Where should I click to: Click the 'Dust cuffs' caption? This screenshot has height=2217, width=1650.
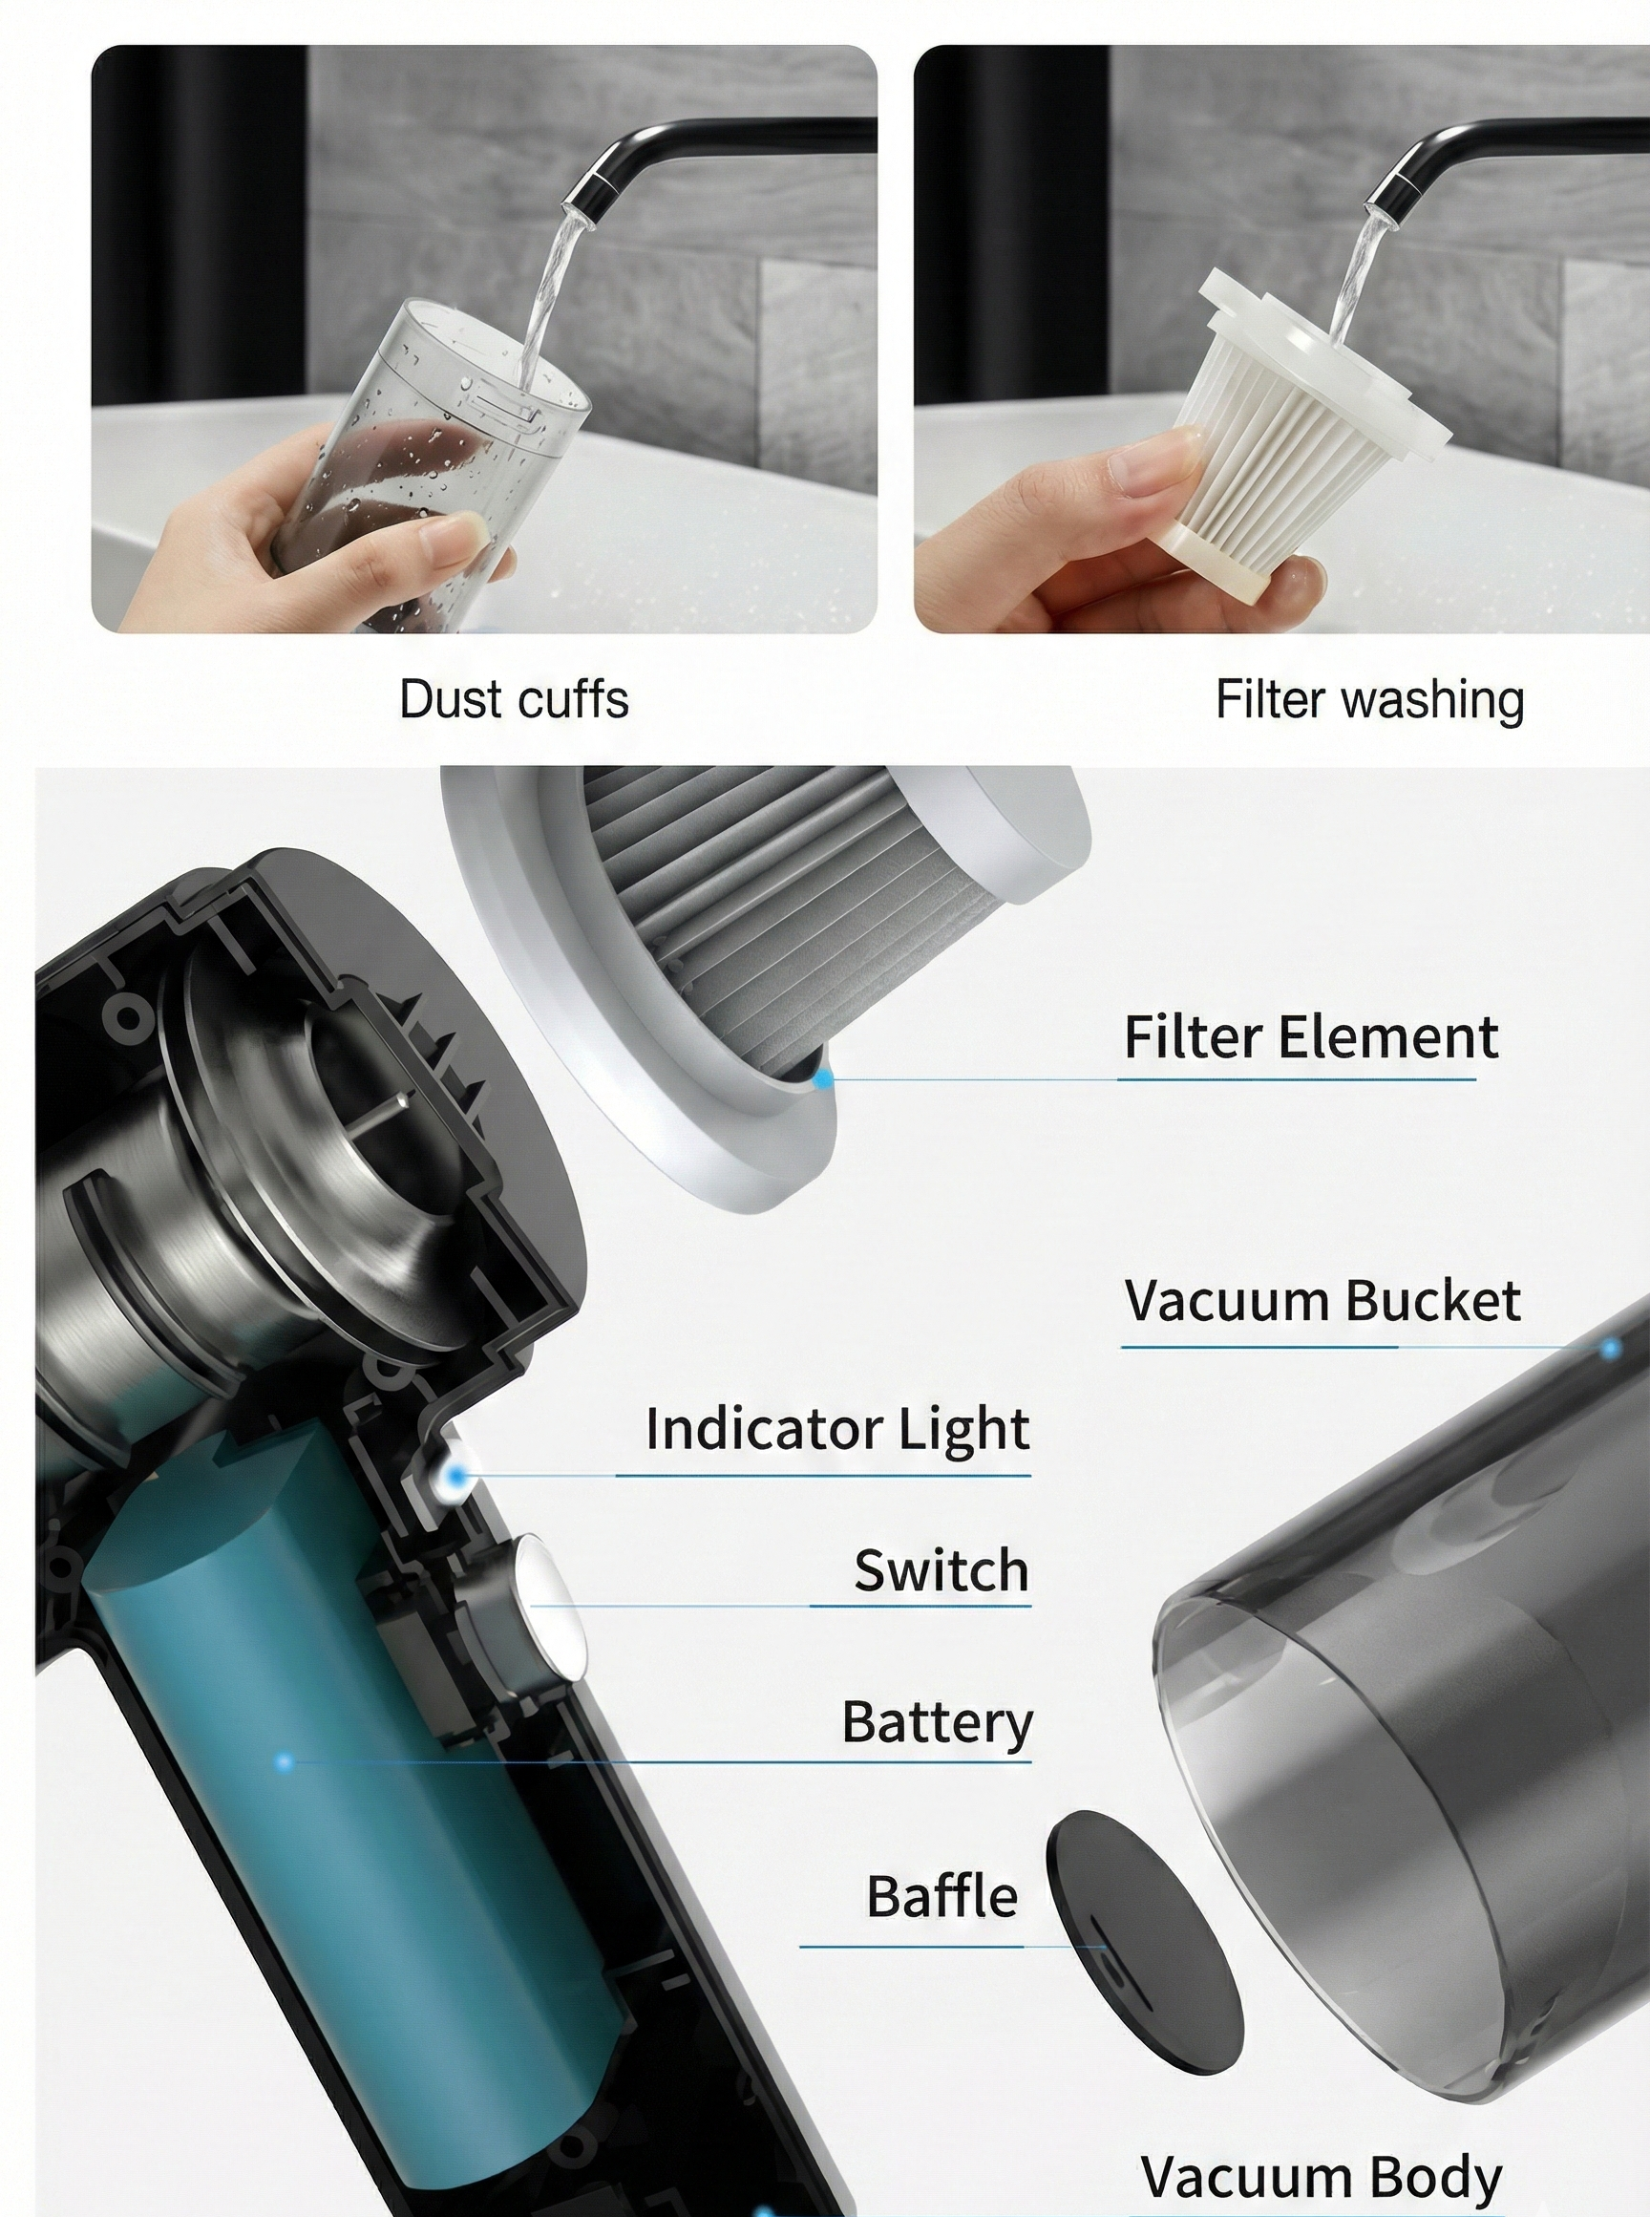(x=514, y=699)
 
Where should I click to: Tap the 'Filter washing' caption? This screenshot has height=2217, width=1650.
(x=1369, y=699)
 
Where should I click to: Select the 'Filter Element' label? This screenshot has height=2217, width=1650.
(x=1310, y=1037)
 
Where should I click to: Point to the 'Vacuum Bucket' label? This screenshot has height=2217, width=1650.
(x=1322, y=1301)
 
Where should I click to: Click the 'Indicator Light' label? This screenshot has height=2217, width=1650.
(x=837, y=1429)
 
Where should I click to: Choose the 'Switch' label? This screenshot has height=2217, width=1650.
(x=941, y=1570)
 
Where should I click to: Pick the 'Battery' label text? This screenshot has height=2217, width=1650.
(x=937, y=1722)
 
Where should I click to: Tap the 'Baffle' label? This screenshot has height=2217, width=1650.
(x=941, y=1896)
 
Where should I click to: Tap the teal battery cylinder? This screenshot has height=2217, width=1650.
(x=349, y=1799)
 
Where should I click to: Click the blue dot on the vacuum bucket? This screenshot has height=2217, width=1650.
(x=1610, y=1349)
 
